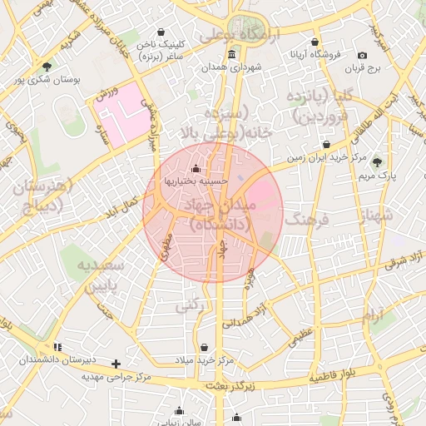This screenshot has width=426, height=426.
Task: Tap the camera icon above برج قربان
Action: click(x=362, y=56)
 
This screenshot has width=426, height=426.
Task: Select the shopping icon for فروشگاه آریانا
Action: click(x=315, y=42)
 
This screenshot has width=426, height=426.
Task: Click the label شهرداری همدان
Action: click(x=237, y=66)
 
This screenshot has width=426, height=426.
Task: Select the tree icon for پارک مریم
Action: click(x=378, y=161)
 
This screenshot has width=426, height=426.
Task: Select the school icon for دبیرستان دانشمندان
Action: click(x=57, y=346)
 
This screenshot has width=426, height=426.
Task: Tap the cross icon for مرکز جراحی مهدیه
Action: click(x=116, y=364)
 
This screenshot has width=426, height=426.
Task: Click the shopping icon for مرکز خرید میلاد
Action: click(x=205, y=347)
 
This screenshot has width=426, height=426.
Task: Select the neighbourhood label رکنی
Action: click(x=190, y=306)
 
